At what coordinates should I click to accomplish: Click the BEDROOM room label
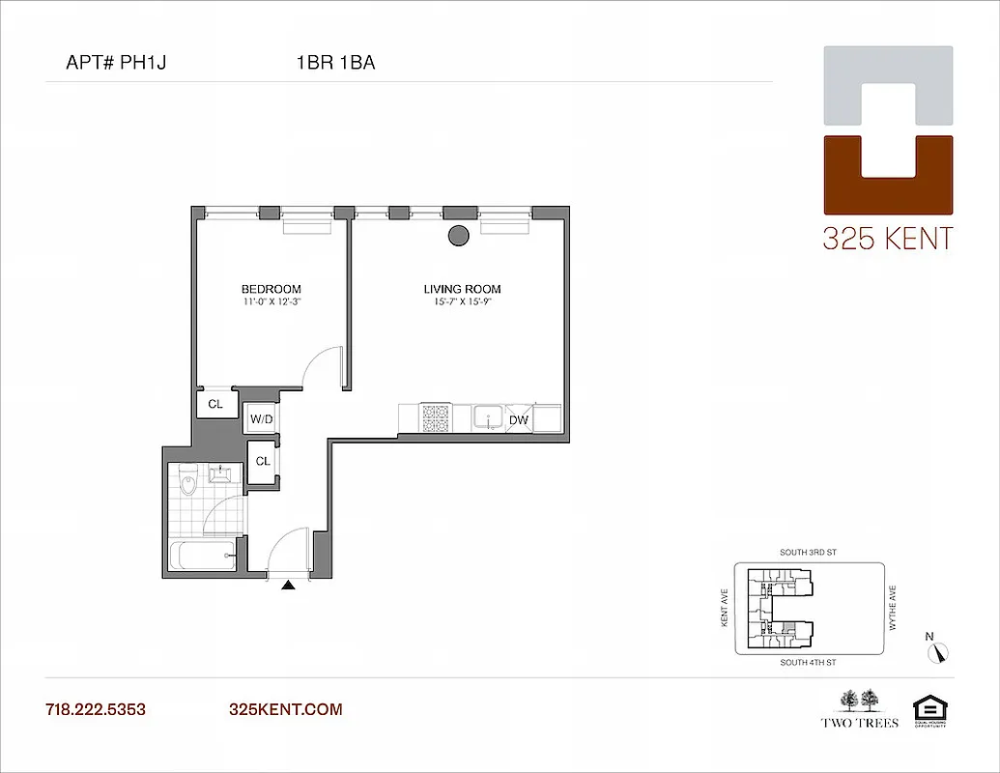(x=271, y=289)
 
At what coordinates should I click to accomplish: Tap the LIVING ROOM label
(x=462, y=289)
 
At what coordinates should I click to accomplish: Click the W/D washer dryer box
(x=260, y=419)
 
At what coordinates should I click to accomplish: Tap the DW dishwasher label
(x=518, y=419)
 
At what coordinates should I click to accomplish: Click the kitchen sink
(x=488, y=417)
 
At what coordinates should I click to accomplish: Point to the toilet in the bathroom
(x=188, y=477)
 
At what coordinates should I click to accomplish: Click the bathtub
(x=201, y=556)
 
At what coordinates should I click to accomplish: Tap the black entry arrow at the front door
(x=287, y=585)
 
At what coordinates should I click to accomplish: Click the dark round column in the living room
(x=458, y=235)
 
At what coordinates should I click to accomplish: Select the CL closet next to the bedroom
(x=215, y=404)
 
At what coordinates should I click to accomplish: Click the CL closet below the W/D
(x=262, y=461)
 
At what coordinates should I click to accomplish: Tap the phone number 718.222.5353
(x=96, y=709)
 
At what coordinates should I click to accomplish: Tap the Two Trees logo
(x=859, y=708)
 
